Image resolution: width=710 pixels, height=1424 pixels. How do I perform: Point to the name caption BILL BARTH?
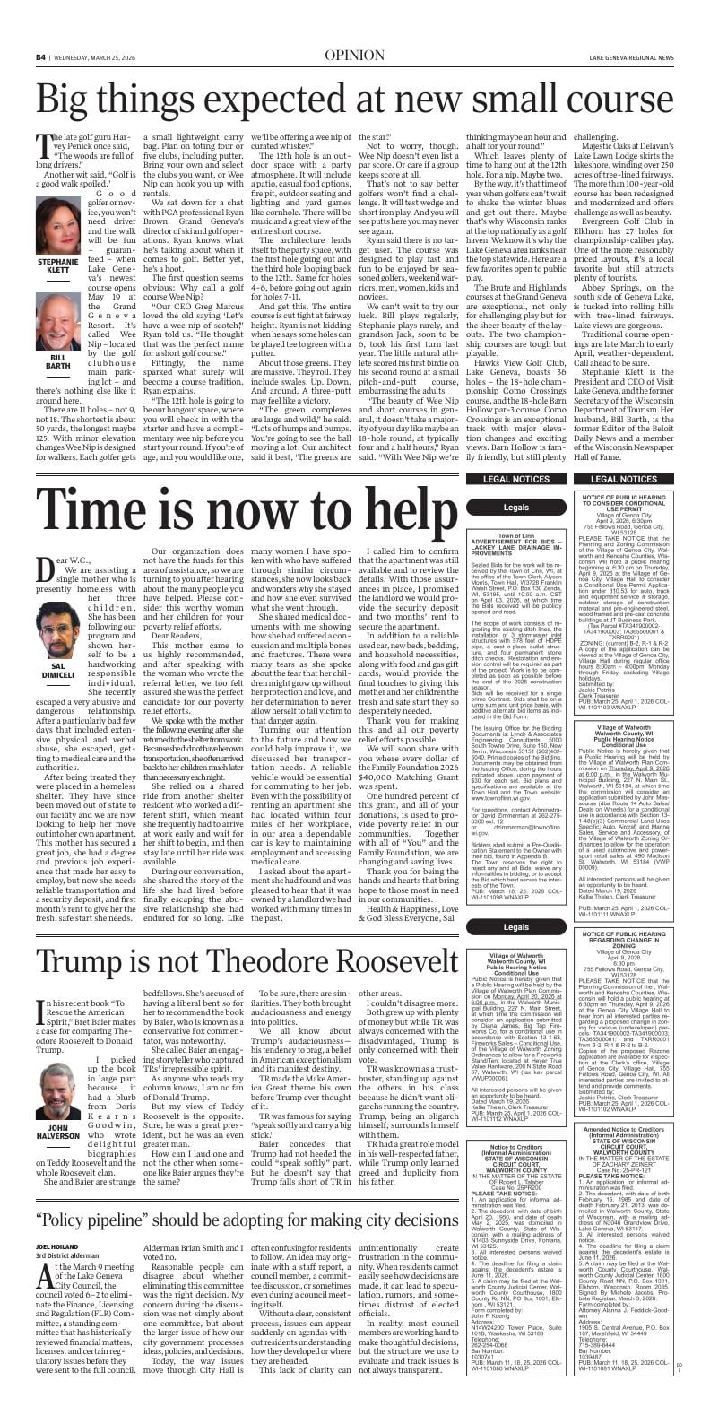(58, 360)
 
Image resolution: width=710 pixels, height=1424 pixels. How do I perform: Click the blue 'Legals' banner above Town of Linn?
(516, 508)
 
